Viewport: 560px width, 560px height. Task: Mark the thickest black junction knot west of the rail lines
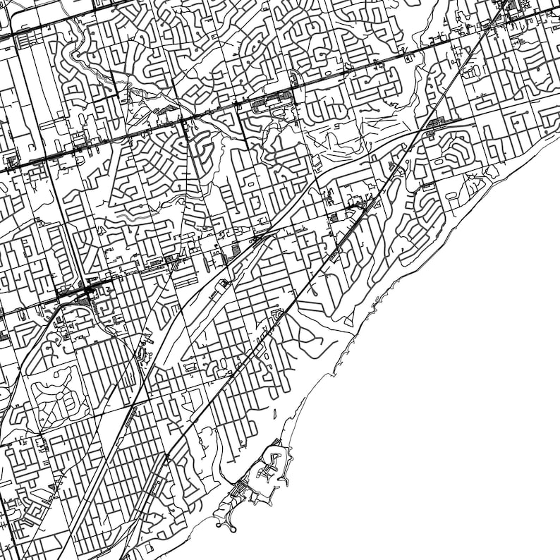click(89, 291)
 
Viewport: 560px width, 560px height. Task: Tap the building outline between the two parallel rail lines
click(224, 284)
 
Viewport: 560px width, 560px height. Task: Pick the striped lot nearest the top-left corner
click(21, 42)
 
